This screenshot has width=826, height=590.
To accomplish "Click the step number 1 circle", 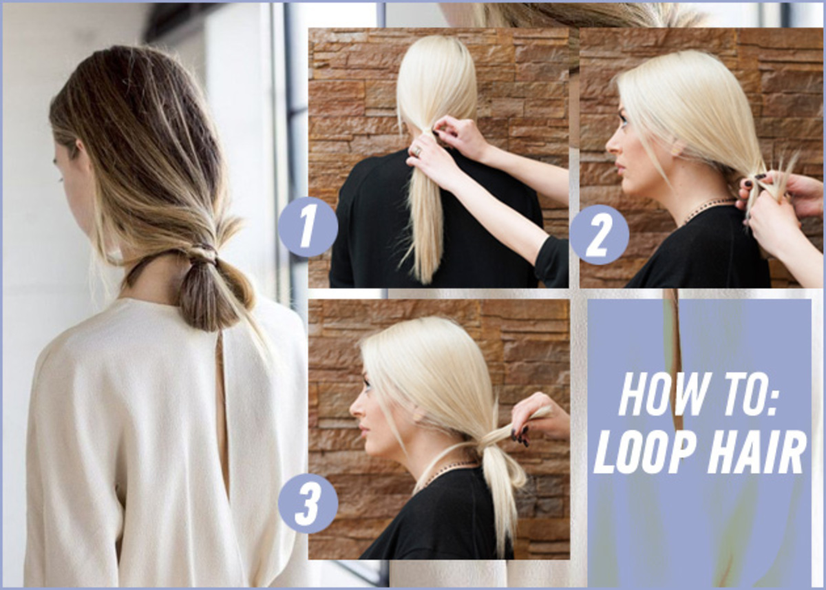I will click(x=308, y=226).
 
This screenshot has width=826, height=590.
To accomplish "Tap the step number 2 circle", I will click(x=599, y=235).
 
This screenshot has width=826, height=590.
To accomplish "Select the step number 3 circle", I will click(x=308, y=503).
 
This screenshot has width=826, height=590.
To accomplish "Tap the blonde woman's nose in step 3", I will click(x=353, y=412).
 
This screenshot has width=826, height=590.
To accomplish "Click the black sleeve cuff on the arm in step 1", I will click(x=551, y=262).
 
